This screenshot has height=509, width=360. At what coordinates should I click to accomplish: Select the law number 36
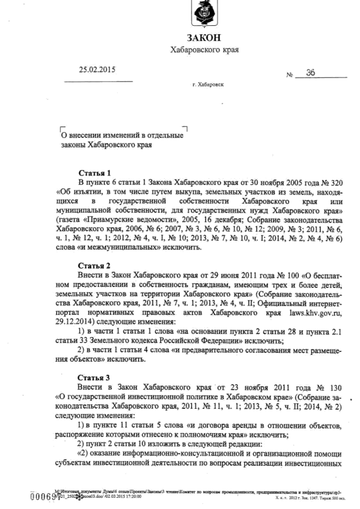tap(311, 73)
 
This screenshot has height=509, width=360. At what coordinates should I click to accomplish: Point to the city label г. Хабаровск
tap(207, 84)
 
